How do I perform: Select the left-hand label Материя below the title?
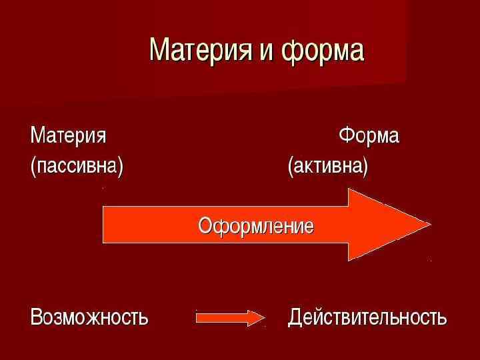pos(68,136)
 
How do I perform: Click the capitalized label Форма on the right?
pos(369,136)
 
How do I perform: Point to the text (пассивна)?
pos(77,165)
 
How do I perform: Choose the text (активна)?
pos(327,165)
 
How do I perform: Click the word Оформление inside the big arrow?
pos(256,225)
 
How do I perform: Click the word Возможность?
pos(89,317)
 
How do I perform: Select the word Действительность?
pos(367,317)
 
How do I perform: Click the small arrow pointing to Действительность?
pos(230,318)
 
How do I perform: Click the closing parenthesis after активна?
pos(364,166)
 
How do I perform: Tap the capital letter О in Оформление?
pos(205,225)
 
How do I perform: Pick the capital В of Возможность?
pos(36,317)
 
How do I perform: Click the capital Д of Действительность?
pos(295,317)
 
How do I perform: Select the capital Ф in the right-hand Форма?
pos(346,136)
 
